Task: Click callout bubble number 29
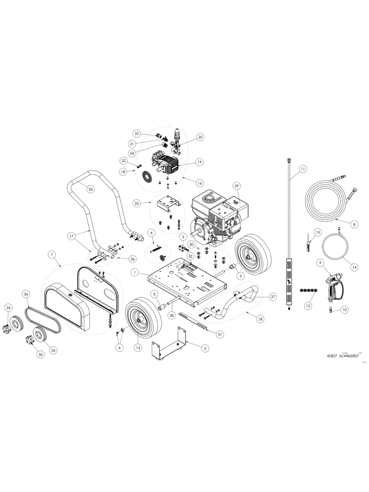[x=236, y=186]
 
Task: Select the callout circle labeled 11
[x=302, y=168]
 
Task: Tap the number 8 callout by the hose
[x=354, y=224]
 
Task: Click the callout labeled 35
[x=40, y=354]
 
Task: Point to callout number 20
[x=200, y=137]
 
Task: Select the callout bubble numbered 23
[x=137, y=134]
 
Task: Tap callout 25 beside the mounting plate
[x=137, y=202]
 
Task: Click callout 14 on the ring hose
[x=354, y=267]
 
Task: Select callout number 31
[x=220, y=334]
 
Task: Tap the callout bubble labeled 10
[x=345, y=310]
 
